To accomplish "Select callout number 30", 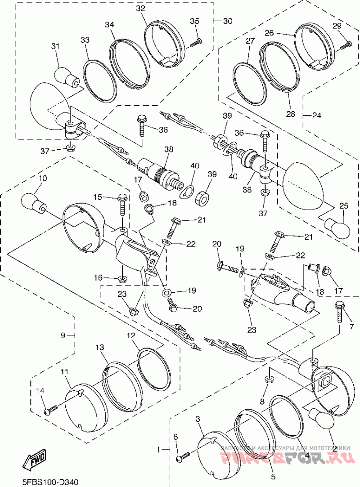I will [228, 21].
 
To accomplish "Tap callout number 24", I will [317, 115].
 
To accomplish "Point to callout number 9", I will [63, 335].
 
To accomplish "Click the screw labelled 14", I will [50, 409].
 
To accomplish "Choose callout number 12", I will [131, 335].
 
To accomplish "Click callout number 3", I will [198, 419].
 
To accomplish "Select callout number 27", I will [250, 40].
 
